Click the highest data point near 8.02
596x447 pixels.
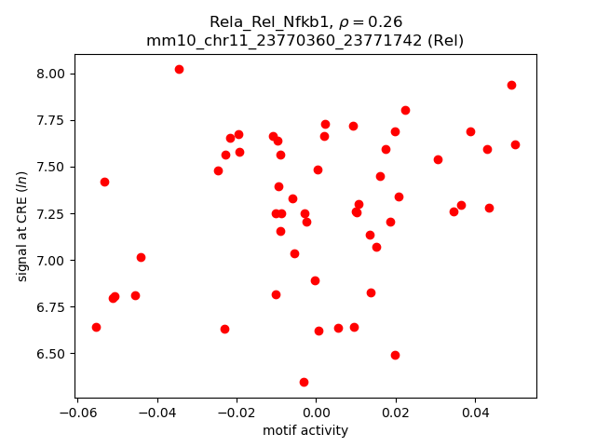click(179, 69)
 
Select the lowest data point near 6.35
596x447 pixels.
click(304, 382)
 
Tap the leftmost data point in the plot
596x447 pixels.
click(96, 327)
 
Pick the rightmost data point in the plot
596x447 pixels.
click(515, 144)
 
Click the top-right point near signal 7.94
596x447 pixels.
click(511, 85)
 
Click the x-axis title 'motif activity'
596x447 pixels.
click(305, 430)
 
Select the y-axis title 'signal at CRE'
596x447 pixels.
click(22, 226)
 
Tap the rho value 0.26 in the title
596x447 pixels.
click(372, 21)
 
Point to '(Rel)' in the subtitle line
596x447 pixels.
click(444, 40)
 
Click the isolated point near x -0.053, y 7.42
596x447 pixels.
click(104, 182)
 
